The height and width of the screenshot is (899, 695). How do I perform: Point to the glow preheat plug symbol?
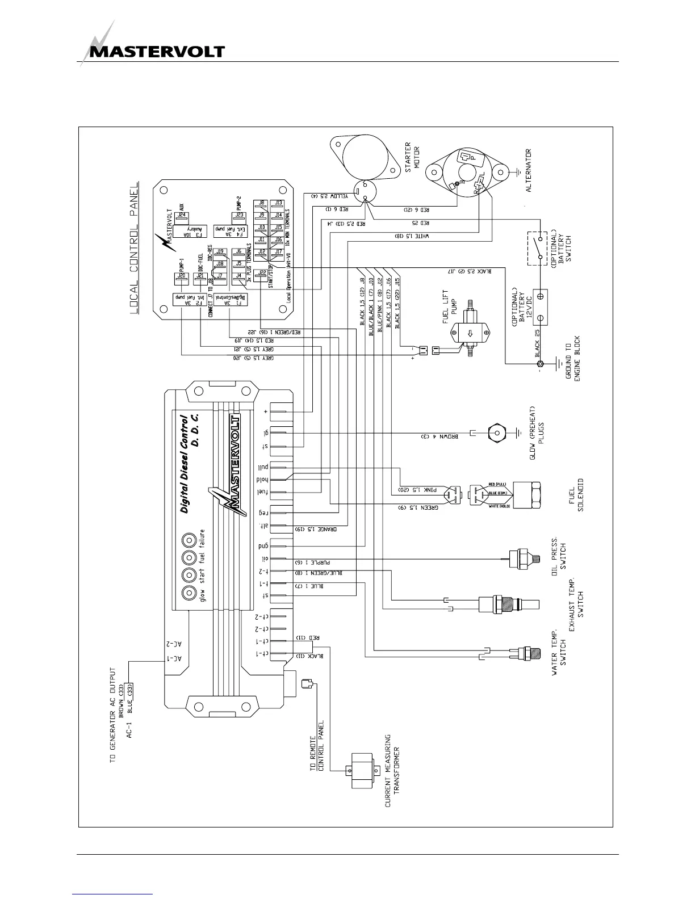(497, 433)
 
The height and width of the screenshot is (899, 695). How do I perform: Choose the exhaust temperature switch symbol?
(505, 604)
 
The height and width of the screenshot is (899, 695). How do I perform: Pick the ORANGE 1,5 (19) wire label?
(316, 529)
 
